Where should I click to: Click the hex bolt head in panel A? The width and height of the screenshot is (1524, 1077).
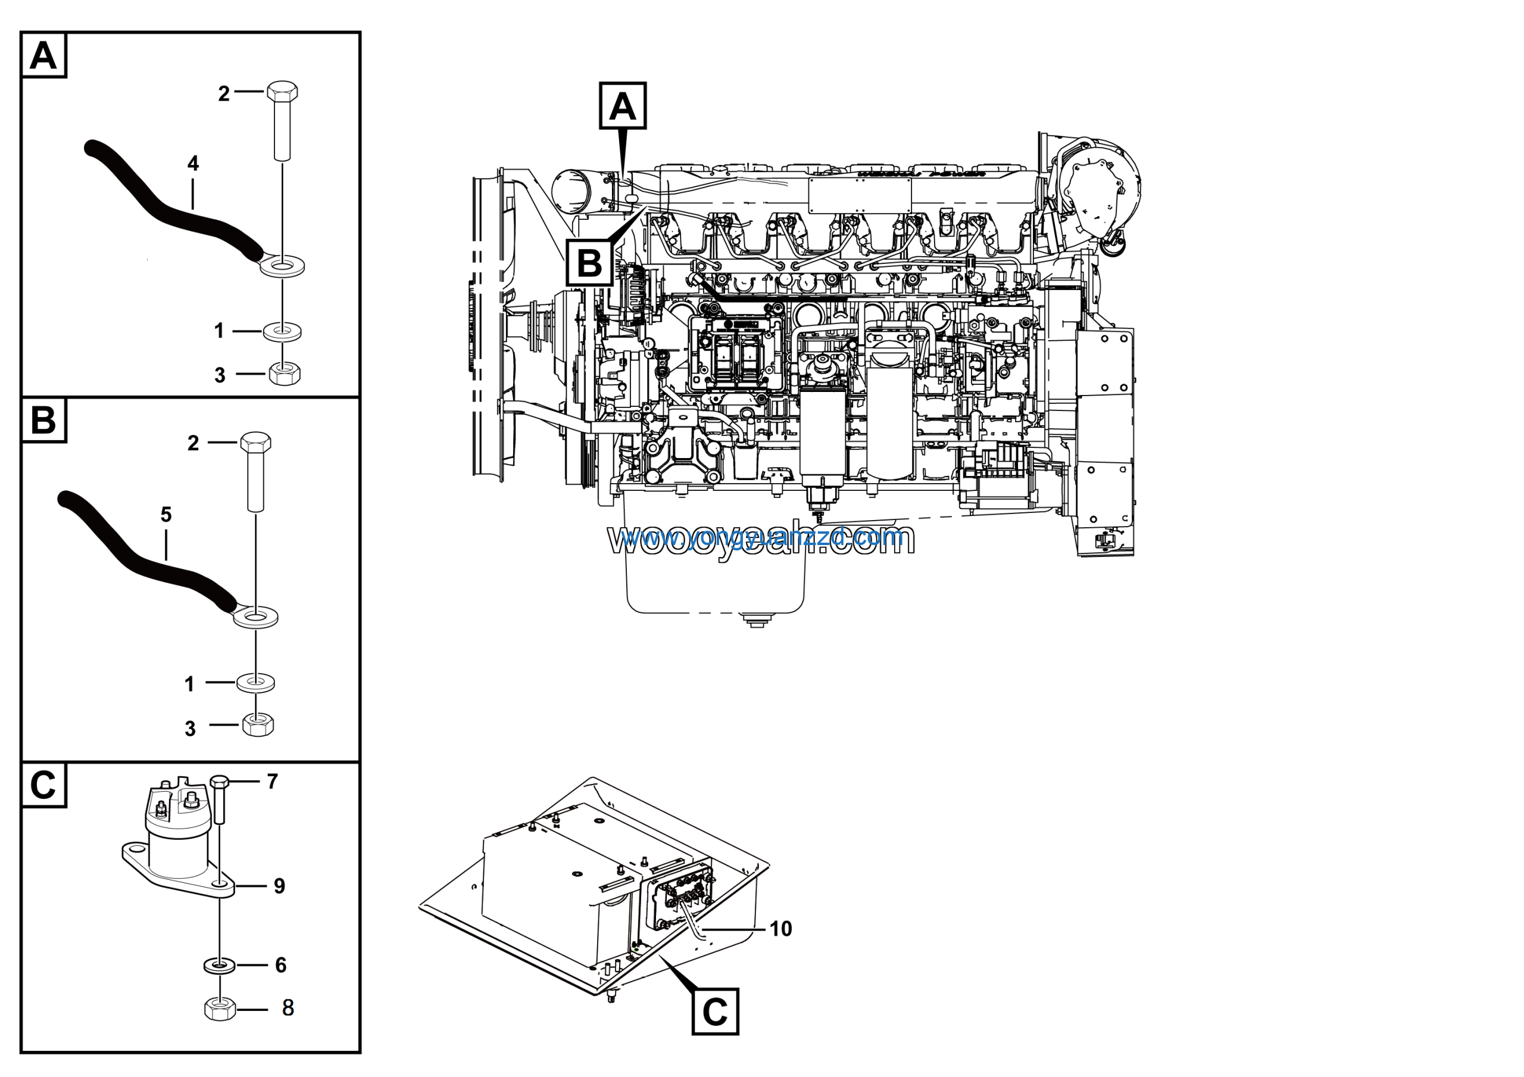tap(282, 91)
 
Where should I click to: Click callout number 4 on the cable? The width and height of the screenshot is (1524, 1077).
tap(193, 163)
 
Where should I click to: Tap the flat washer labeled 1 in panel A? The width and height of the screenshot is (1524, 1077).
tap(283, 330)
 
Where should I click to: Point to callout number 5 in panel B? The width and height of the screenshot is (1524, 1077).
tap(166, 514)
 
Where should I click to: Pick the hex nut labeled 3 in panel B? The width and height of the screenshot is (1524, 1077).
tap(258, 724)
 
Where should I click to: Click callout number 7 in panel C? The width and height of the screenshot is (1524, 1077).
tap(272, 782)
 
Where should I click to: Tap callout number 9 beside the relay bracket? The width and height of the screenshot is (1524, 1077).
tap(279, 886)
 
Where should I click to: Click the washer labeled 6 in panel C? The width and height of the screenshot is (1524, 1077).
tap(219, 965)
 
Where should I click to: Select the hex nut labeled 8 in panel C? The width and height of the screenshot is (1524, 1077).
tap(220, 1008)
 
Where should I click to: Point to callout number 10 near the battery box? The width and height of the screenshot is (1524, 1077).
tap(780, 928)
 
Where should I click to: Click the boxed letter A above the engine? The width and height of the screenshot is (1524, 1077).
tap(623, 106)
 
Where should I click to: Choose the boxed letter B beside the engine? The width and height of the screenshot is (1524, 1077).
tap(589, 263)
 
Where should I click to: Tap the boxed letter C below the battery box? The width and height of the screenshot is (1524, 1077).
tap(715, 1011)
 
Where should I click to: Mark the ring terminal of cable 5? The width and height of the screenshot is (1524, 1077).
tap(255, 617)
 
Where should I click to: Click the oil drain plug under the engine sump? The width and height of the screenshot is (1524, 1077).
tap(756, 621)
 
